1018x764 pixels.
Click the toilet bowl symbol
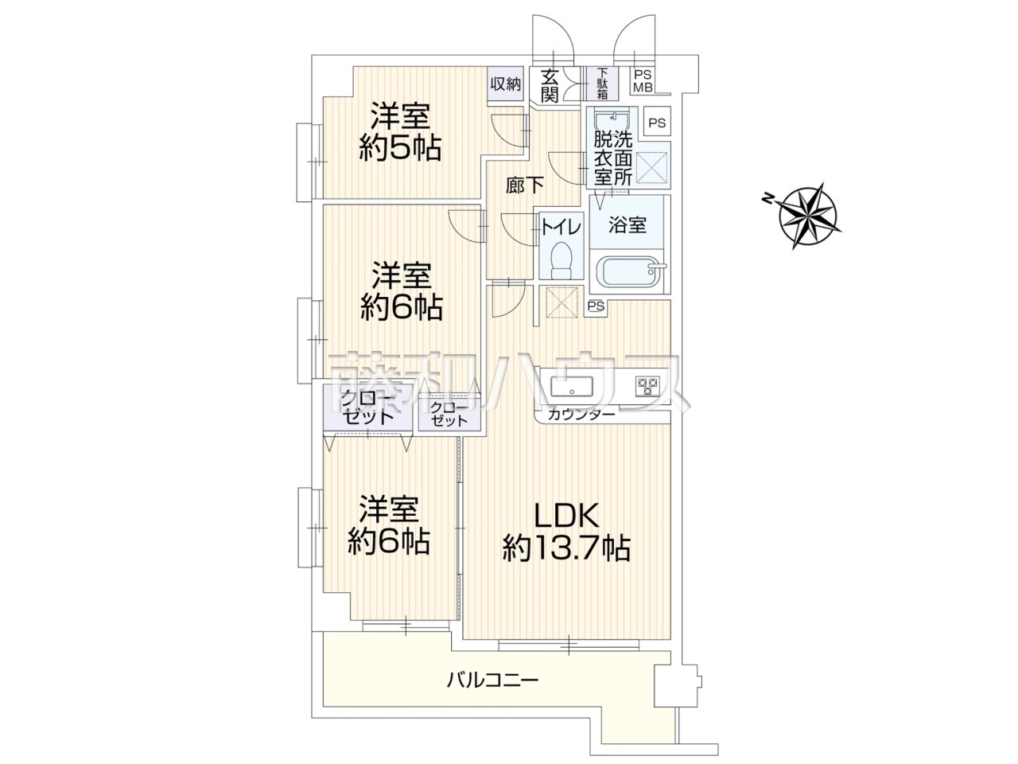point(560,259)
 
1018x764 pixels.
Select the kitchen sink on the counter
point(571,386)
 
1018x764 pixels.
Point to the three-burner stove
point(647,386)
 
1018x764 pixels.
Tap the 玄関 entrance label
point(550,85)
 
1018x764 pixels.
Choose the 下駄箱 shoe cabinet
point(602,84)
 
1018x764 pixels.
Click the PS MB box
point(643,80)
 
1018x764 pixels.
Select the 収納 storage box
point(505,84)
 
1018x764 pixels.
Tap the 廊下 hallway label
point(525,185)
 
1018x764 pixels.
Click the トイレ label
point(561,228)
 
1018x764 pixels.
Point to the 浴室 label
point(627,225)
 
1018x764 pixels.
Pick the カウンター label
point(581,415)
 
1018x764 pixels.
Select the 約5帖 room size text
point(400,149)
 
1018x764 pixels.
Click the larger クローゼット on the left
point(367,407)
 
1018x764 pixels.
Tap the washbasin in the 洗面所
point(612,122)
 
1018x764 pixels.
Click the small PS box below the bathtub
point(596,306)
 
